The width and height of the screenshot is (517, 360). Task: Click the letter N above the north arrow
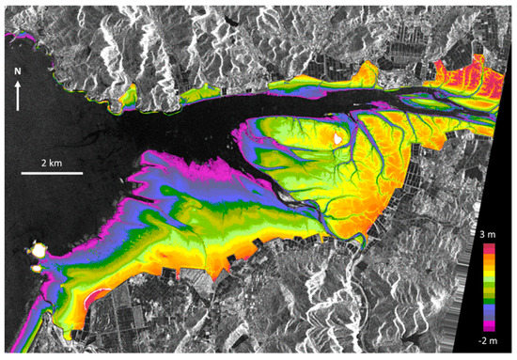click(x=18, y=70)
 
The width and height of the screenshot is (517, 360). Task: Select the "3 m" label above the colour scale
click(x=486, y=233)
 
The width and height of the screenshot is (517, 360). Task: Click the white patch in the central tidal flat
click(x=339, y=137)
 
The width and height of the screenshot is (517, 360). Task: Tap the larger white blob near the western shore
click(x=39, y=251)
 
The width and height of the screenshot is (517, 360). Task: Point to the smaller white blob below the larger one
click(x=37, y=269)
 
